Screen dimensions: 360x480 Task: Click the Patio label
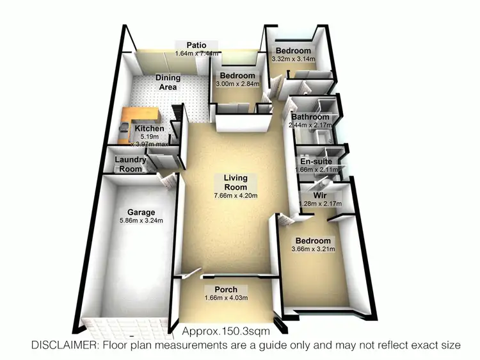click(195, 45)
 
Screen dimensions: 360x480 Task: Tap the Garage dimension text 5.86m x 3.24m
click(141, 221)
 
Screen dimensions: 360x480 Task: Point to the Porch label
click(226, 290)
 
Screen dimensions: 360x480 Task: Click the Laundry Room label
click(129, 165)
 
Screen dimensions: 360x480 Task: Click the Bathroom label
click(310, 117)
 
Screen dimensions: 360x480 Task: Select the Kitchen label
click(149, 129)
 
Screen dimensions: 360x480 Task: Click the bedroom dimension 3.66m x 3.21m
click(313, 249)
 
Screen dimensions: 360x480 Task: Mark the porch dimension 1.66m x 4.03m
click(226, 297)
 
